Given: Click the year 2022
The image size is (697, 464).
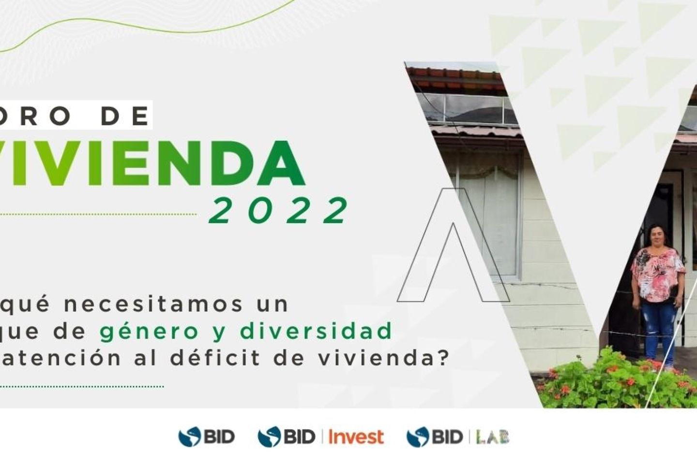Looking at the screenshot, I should tap(279, 211).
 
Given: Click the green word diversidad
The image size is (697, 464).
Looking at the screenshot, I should tap(316, 331).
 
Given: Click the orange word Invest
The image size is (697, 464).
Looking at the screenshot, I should tap(356, 437).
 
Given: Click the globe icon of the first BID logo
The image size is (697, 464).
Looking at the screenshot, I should tap(189, 437).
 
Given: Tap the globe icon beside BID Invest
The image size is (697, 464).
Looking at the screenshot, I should tap(269, 437).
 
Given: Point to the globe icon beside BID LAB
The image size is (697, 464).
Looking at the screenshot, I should tap(417, 437).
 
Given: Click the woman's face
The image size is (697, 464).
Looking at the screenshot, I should tap(658, 236).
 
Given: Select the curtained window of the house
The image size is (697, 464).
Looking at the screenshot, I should tap(489, 213).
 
